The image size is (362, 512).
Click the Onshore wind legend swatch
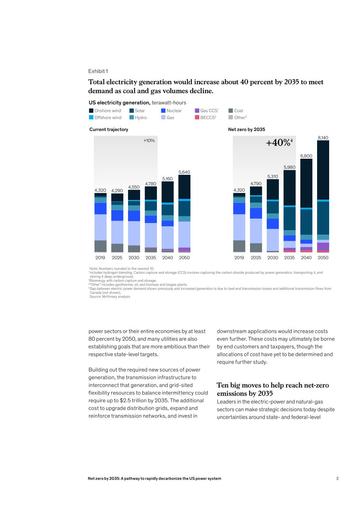pyautogui.click(x=91, y=111)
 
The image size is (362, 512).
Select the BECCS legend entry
pyautogui.click(x=205, y=118)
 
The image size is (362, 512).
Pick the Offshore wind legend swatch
pyautogui.click(x=91, y=117)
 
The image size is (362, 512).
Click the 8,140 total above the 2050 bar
pyautogui.click(x=323, y=138)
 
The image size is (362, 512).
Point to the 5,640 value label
pyautogui.click(x=184, y=172)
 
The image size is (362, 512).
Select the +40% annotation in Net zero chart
pyautogui.click(x=279, y=143)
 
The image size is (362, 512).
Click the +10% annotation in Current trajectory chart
pyautogui.click(x=149, y=140)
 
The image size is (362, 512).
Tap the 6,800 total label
pyautogui.click(x=306, y=156)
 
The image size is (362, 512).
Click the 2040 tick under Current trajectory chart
pyautogui.click(x=167, y=258)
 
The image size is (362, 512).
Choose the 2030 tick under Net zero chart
pyautogui.click(x=273, y=258)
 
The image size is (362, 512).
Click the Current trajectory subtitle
pyautogui.click(x=108, y=130)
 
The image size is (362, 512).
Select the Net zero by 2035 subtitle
pyautogui.click(x=247, y=130)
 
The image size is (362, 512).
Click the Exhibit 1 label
pyautogui.click(x=98, y=71)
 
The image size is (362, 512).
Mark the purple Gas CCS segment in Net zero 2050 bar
pyautogui.click(x=323, y=247)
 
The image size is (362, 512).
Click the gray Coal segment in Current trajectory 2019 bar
pyautogui.click(x=101, y=246)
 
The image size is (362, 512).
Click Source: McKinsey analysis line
pyautogui.click(x=110, y=296)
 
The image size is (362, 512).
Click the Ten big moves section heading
pyautogui.click(x=273, y=389)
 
